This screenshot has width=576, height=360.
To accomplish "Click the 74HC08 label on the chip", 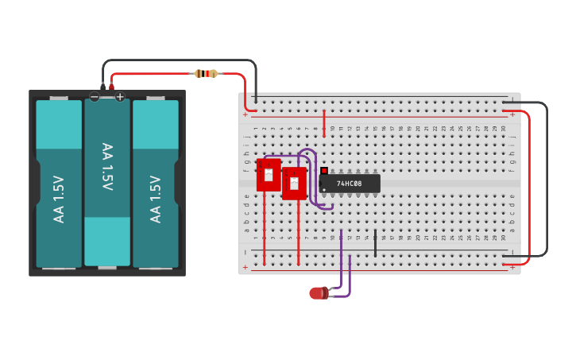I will pos(349,184).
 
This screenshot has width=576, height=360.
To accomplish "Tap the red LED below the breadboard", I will pos(318,293).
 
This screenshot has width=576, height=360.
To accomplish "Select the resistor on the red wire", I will pos(206,74).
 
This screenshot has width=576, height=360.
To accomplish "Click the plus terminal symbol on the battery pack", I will pos(120,97).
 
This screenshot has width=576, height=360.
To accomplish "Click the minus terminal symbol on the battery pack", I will pos(95,97).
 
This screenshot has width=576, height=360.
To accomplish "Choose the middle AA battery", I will pos(107,182).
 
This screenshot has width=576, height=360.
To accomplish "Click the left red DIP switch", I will pos(269,174).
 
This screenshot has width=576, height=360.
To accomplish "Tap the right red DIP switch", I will pos(294,183).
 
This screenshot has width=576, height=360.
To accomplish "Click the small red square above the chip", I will pos(324,170).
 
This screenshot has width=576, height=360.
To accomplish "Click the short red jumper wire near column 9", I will pos(324,123).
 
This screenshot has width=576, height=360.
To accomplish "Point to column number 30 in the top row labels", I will pos(504,128).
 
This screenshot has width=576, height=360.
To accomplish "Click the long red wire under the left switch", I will pos(265,230).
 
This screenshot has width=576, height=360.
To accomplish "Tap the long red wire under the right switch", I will pos(299,234).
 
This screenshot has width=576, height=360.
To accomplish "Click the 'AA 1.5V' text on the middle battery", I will pos(107,167).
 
